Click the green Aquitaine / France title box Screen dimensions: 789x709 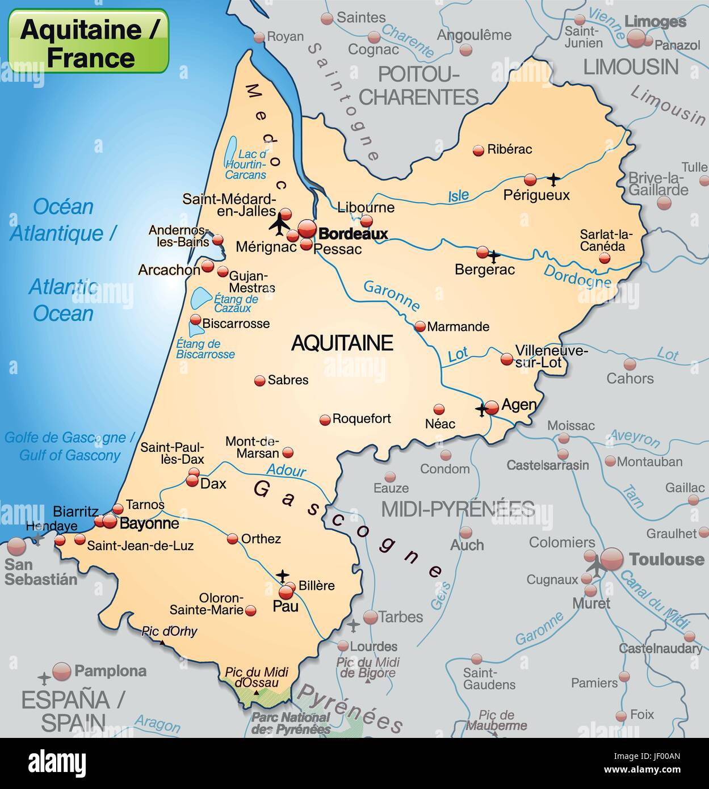[88, 41]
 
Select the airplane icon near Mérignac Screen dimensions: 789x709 [279, 224]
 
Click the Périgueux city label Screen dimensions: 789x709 [536, 195]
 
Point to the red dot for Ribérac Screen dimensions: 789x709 [479, 150]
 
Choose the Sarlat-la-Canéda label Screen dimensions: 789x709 [606, 241]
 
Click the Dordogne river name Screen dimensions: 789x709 [577, 276]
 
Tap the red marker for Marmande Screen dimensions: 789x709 [420, 326]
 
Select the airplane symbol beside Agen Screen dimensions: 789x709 [482, 409]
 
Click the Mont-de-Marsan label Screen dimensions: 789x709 [252, 447]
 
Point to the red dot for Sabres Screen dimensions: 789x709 [259, 381]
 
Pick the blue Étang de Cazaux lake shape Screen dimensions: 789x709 [199, 297]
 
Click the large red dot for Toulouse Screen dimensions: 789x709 [612, 559]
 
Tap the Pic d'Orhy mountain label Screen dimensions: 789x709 [169, 631]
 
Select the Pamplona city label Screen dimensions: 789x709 [110, 671]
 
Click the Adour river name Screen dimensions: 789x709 [286, 470]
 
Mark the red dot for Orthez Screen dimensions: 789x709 [232, 539]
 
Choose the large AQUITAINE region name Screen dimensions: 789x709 [342, 343]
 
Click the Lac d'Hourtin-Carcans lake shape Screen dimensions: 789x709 [230, 151]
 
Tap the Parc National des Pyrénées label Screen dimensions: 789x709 [291, 723]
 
